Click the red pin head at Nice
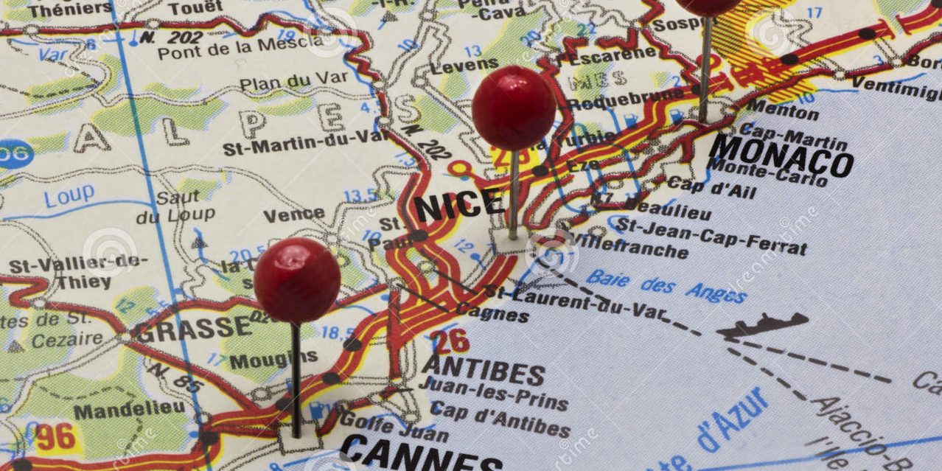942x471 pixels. [x=513, y=108]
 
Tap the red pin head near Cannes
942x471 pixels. [x=297, y=280]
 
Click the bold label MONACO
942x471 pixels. [x=781, y=156]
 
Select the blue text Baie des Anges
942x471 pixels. [x=666, y=286]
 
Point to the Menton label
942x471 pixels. [x=782, y=111]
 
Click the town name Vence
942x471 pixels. [x=293, y=214]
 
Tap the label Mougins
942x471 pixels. [x=273, y=360]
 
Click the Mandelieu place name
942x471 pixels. [x=129, y=409]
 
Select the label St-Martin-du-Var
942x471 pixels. [x=306, y=142]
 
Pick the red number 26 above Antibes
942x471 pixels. [x=450, y=341]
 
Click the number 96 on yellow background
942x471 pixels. [x=56, y=437]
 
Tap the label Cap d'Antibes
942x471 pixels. [x=501, y=419]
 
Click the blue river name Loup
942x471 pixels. [x=69, y=195]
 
